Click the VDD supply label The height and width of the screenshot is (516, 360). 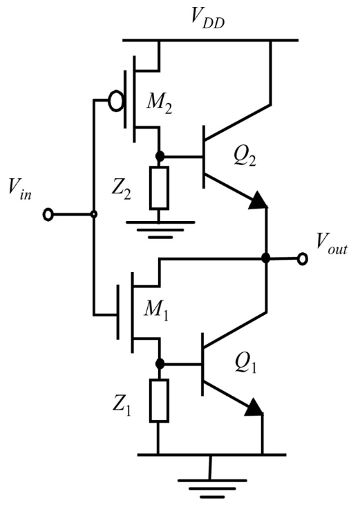pos(208,19)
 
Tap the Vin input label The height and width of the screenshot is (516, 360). pos(20,190)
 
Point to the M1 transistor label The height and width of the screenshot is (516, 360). pos(156,311)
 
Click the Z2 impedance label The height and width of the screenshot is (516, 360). pos(121,190)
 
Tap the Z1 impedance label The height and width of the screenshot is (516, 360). pos(122,406)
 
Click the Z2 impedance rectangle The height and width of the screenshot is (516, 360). pos(159,188)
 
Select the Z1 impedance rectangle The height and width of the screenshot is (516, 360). pos(159,401)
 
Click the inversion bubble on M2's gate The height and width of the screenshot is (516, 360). pos(115,101)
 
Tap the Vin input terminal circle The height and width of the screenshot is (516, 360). pos(48,215)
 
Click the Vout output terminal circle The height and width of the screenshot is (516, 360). pos(303,259)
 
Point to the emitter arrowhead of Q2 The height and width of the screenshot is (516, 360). pos(258,200)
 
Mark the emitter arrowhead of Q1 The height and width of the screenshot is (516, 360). pos(254,407)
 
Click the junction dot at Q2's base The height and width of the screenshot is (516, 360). pos(160,156)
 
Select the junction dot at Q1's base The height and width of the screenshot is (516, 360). pos(160,363)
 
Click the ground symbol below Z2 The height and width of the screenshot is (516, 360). pos(160,229)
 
